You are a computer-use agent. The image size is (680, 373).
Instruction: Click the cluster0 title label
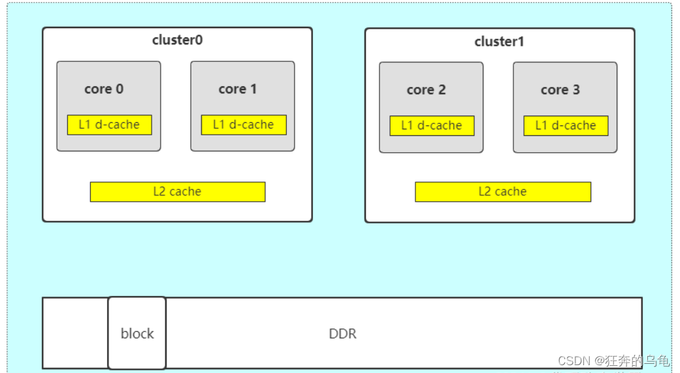[x=177, y=40]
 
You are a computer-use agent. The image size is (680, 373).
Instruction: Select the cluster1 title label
[x=499, y=42]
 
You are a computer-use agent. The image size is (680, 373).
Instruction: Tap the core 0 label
[x=104, y=89]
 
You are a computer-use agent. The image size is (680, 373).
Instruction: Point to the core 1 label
[x=238, y=89]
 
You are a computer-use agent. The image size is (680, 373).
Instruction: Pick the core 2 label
[x=426, y=90]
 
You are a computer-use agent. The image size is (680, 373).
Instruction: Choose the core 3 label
[x=560, y=90]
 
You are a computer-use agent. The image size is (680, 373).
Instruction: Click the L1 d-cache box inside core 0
[x=109, y=125]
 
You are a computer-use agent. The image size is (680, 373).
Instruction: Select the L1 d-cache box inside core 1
[x=244, y=125]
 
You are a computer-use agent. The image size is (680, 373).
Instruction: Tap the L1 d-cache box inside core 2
[x=432, y=125]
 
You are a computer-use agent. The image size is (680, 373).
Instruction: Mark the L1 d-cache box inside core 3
[x=566, y=125]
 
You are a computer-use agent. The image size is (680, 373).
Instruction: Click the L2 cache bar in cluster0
[x=177, y=191]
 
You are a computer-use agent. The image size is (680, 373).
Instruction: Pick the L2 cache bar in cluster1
[x=502, y=191]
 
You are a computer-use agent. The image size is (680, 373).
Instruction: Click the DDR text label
[x=342, y=334]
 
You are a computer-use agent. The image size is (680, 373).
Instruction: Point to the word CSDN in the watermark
[x=573, y=361]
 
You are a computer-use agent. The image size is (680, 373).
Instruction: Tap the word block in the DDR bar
[x=137, y=334]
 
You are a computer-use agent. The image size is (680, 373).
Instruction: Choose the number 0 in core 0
[x=119, y=89]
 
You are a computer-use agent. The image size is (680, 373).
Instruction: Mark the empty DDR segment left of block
[x=75, y=333]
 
